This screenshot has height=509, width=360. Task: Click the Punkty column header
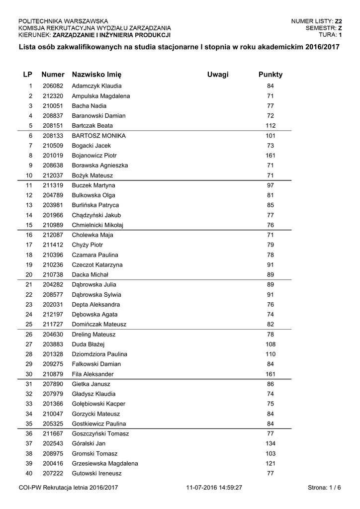pyautogui.click(x=270, y=75)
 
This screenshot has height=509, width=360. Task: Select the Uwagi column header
pyautogui.click(x=218, y=75)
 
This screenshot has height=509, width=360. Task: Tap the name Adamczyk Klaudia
pyautogui.click(x=96, y=86)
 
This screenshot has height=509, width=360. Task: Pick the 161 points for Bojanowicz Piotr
pyautogui.click(x=270, y=156)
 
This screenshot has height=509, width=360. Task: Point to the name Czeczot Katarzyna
pyautogui.click(x=97, y=265)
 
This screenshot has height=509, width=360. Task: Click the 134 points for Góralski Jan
pyautogui.click(x=270, y=444)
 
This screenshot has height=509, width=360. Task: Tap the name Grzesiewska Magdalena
pyautogui.click(x=105, y=464)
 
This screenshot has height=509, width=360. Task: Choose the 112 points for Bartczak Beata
pyautogui.click(x=270, y=126)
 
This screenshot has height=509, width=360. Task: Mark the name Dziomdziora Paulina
pyautogui.click(x=99, y=354)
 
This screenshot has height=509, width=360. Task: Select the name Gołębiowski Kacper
pyautogui.click(x=98, y=404)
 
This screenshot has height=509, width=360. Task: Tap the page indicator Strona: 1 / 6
pyautogui.click(x=324, y=488)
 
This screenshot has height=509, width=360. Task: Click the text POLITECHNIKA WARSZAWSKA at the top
pyautogui.click(x=63, y=21)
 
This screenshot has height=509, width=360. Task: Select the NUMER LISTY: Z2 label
pyautogui.click(x=316, y=21)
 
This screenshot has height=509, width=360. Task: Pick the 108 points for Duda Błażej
pyautogui.click(x=270, y=344)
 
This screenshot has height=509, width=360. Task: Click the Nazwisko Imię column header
pyautogui.click(x=96, y=75)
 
